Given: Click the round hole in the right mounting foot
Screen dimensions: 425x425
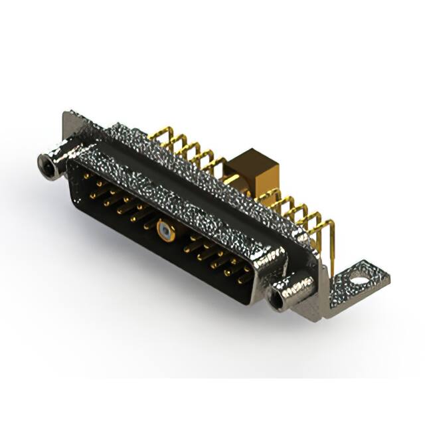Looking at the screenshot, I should [x=359, y=272].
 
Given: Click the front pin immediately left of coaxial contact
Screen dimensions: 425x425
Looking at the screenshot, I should [x=147, y=224].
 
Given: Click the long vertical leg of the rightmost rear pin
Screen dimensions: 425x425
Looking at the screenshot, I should [x=331, y=246].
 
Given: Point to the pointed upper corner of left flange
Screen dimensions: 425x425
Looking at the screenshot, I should [x=66, y=114].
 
